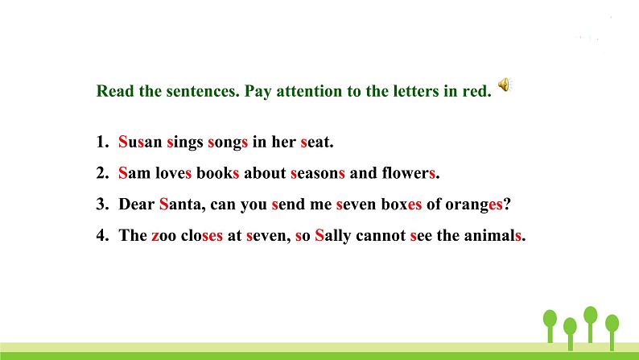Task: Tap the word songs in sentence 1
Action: point(228,143)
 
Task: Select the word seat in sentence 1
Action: point(315,143)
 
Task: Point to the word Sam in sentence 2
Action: point(133,173)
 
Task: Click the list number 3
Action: point(101,205)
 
